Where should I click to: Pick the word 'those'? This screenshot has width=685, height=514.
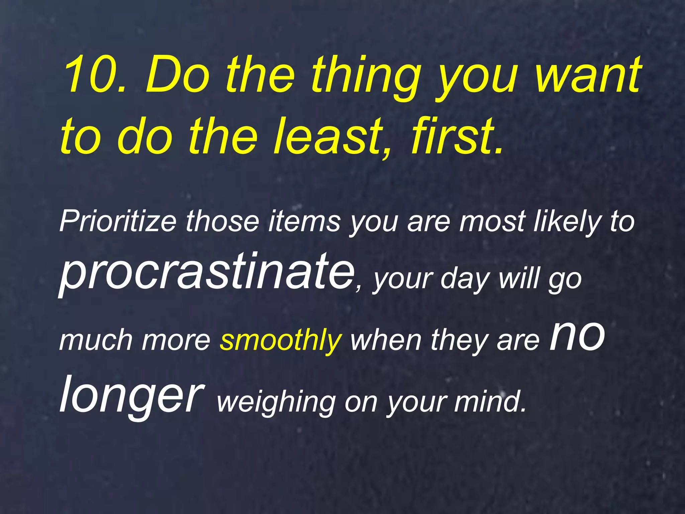pyautogui.click(x=223, y=222)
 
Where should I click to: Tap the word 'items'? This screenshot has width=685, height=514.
pyautogui.click(x=304, y=222)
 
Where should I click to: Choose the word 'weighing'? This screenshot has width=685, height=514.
pyautogui.click(x=276, y=402)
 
